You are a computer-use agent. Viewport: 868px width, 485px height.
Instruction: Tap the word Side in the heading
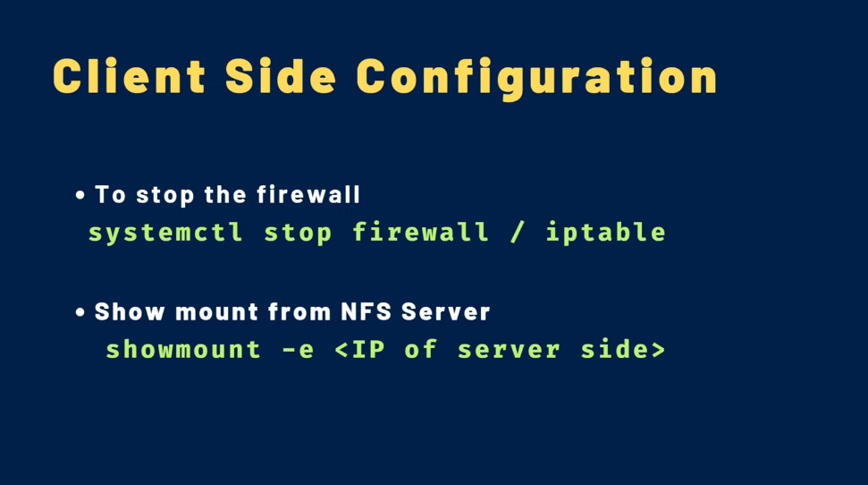point(281,76)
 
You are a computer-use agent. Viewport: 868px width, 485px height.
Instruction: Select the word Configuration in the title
point(536,79)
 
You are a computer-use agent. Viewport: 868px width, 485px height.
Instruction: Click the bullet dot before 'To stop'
point(80,195)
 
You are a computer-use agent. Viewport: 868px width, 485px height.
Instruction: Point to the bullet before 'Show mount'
point(80,312)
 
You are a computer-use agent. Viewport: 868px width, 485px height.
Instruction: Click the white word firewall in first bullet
point(308,194)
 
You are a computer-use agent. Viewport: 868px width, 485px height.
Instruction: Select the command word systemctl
point(165,233)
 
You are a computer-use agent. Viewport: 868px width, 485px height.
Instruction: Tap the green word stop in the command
point(298,233)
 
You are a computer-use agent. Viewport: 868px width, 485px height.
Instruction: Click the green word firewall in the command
point(421,232)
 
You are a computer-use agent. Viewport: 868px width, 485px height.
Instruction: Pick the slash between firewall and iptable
point(517,232)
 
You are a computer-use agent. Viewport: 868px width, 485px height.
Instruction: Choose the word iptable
point(605,232)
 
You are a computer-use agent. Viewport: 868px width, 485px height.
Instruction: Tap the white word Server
point(446,311)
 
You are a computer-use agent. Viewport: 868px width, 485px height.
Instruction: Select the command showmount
point(183,349)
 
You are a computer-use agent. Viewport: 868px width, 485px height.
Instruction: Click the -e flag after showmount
point(298,350)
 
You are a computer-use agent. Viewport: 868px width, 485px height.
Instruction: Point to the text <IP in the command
point(360,349)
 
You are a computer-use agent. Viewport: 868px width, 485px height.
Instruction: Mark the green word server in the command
point(509,350)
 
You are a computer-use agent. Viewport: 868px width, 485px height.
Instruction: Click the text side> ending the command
point(623,349)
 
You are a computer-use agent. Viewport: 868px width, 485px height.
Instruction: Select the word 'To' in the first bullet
point(111,194)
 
